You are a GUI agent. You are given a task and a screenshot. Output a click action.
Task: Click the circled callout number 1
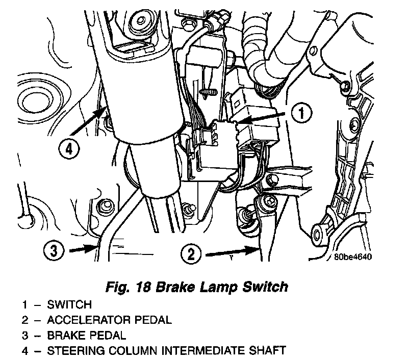pos(301,113)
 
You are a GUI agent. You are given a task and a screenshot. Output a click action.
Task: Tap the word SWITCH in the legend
pos(69,305)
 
